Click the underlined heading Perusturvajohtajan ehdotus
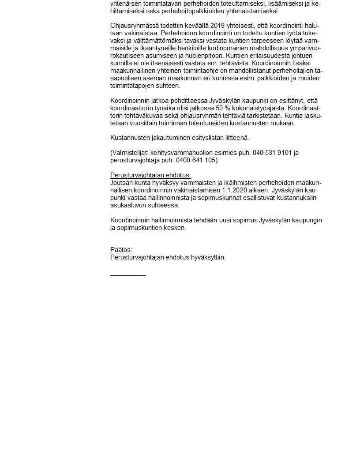click(x=150, y=175)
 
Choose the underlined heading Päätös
click(x=121, y=250)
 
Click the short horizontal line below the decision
click(x=128, y=275)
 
